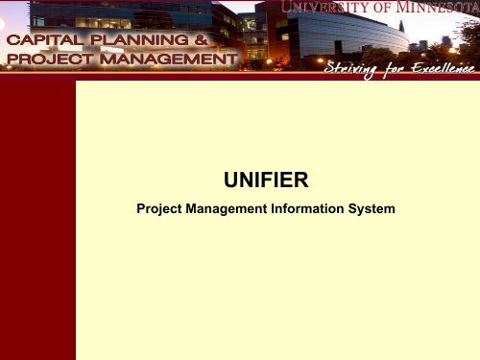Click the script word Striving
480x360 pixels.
(x=357, y=68)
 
